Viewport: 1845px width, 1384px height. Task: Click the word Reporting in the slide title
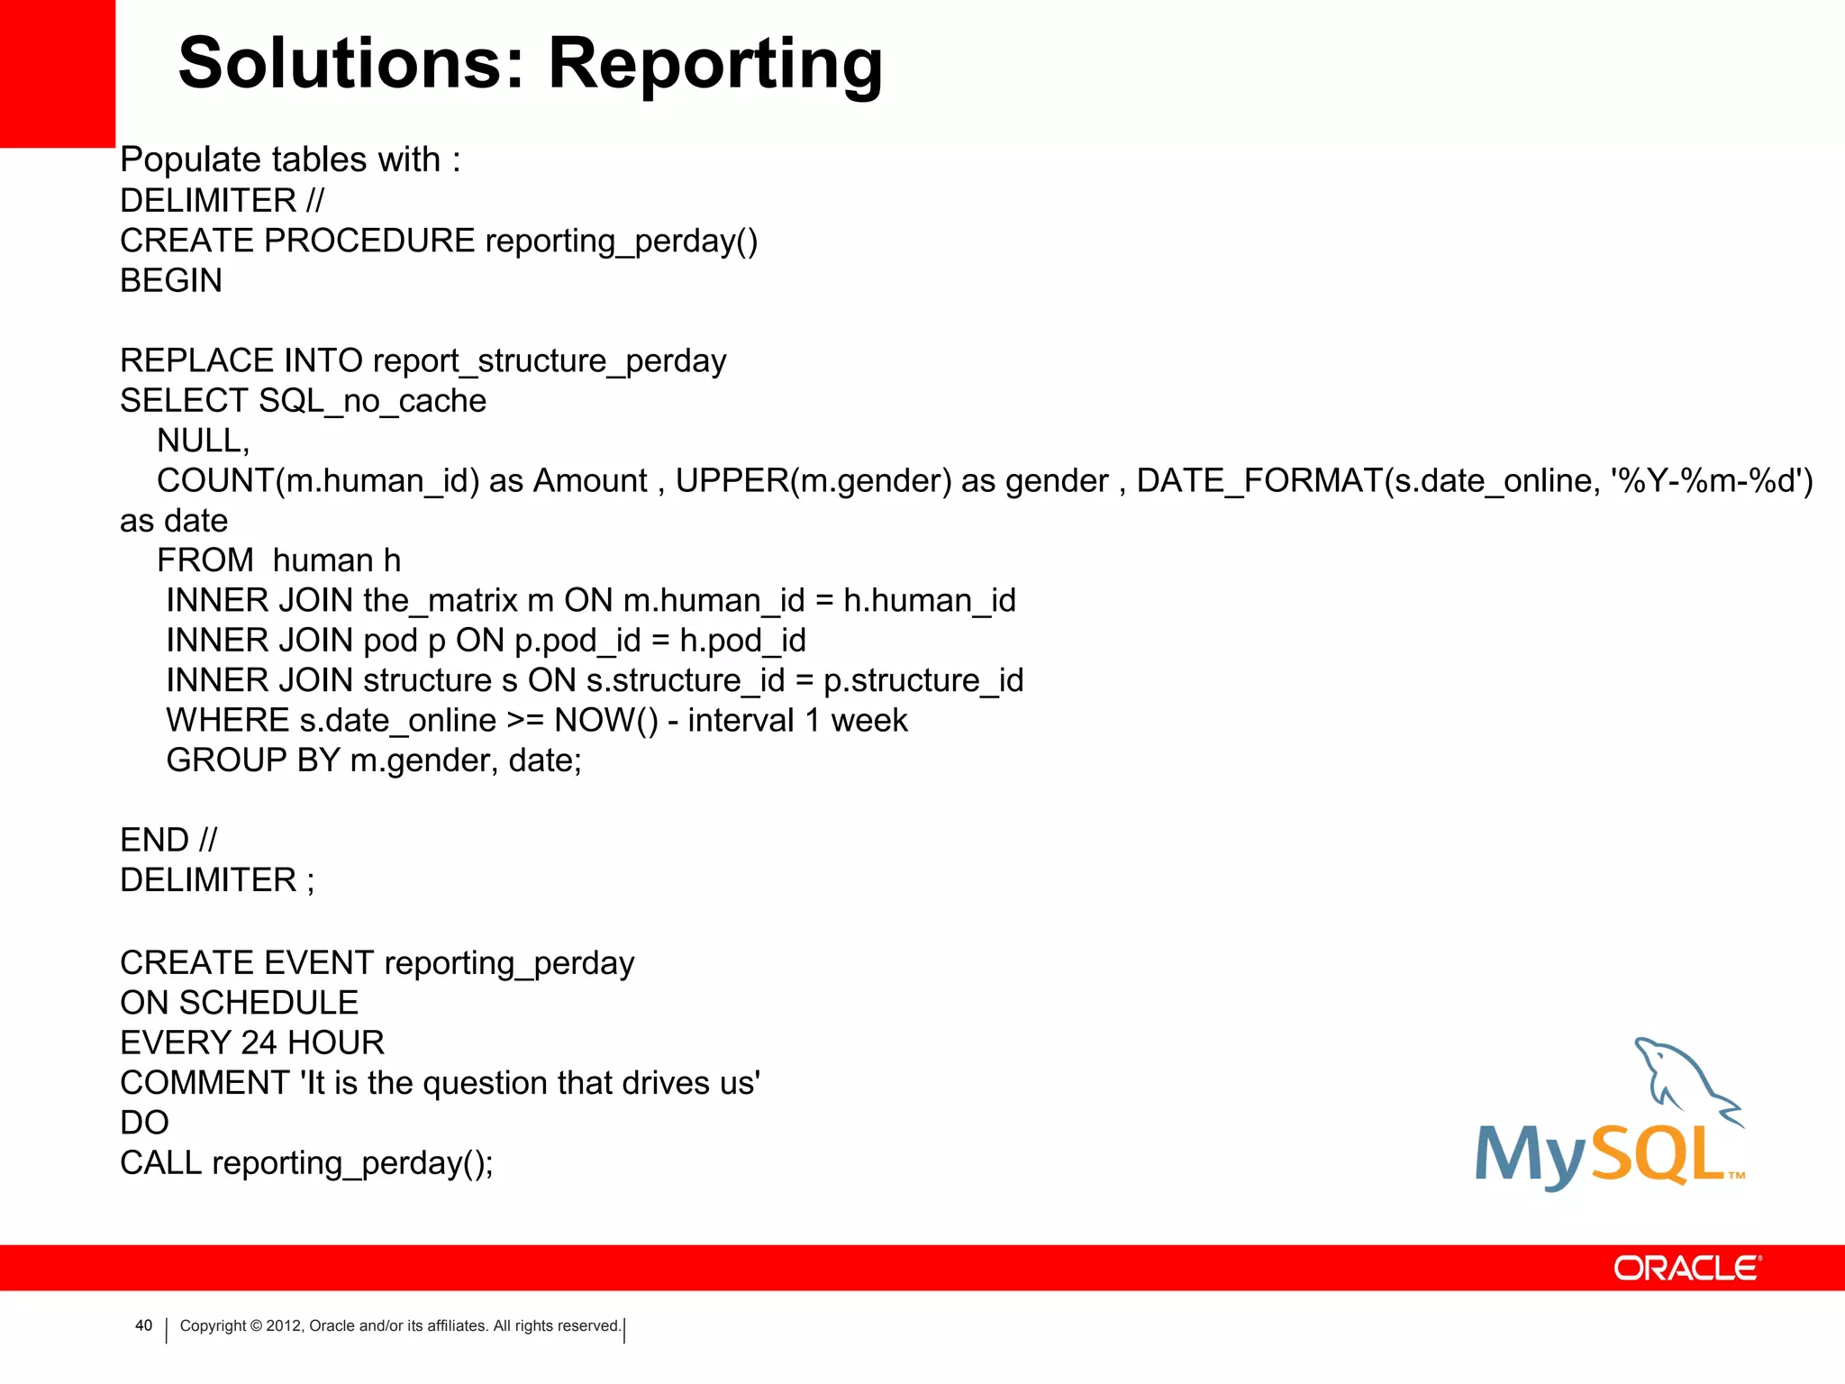(x=715, y=65)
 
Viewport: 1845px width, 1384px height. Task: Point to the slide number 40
(x=143, y=1325)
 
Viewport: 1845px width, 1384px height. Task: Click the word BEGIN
(x=171, y=281)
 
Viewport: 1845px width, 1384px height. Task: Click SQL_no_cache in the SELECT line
(x=372, y=401)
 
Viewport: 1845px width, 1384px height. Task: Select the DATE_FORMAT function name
(x=1259, y=481)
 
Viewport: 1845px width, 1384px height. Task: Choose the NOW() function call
(x=606, y=721)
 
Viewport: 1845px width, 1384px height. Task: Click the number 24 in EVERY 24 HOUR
(x=259, y=1043)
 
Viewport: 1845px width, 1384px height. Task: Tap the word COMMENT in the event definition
(x=204, y=1083)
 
